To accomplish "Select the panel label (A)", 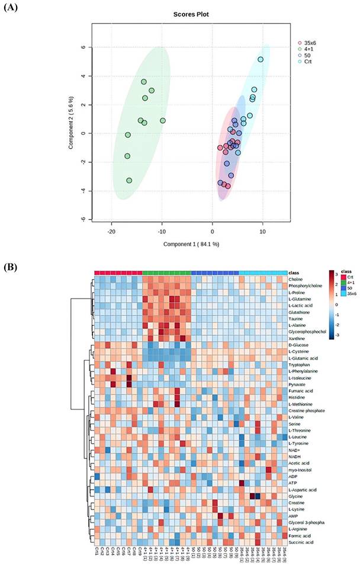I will pyautogui.click(x=12, y=8).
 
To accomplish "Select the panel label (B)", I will pyautogui.click(x=12, y=267).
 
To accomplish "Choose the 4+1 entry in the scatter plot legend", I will pyautogui.click(x=308, y=49).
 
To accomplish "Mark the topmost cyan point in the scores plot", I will pyautogui.click(x=261, y=59).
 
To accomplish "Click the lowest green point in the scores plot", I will pyautogui.click(x=129, y=180).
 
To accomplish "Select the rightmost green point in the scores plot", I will pyautogui.click(x=162, y=120).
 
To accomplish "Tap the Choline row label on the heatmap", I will pyautogui.click(x=295, y=278).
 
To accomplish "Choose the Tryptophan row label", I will pyautogui.click(x=299, y=364).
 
